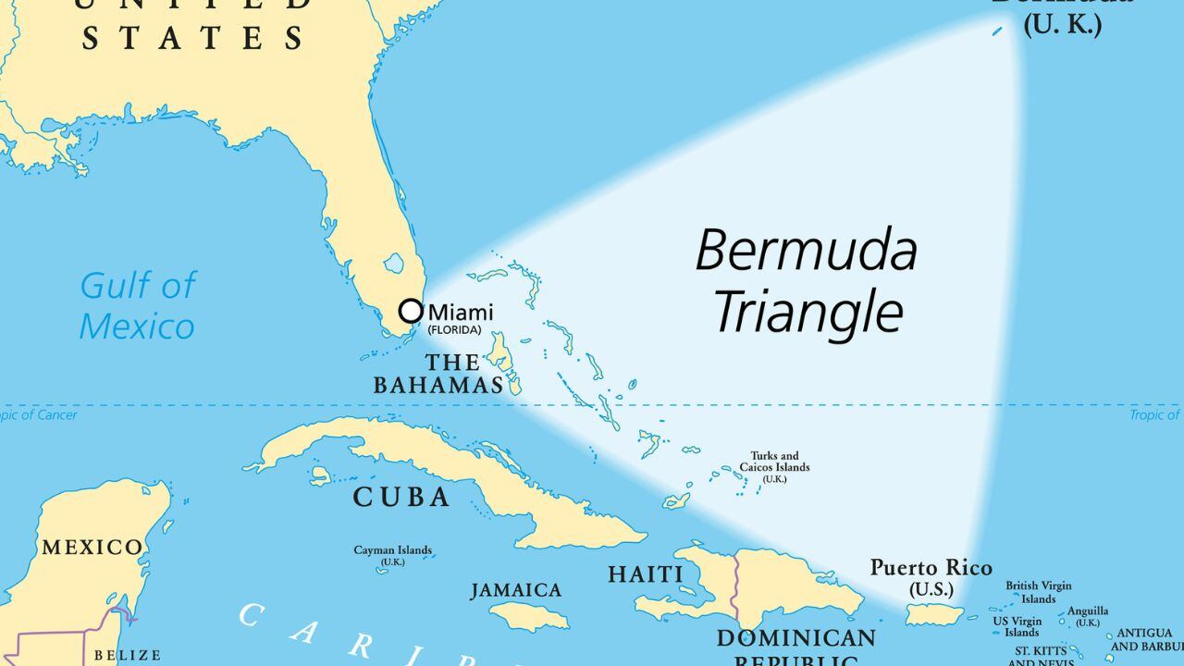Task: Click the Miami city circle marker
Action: point(411,312)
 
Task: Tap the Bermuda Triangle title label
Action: point(807,281)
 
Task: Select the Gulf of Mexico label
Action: point(137,306)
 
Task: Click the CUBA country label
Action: point(401,498)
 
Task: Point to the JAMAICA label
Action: point(516,590)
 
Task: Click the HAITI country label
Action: point(646,574)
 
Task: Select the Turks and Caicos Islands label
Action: point(774,467)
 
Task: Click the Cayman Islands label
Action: point(392,555)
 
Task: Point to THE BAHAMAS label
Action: point(438,374)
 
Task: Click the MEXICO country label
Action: point(92,547)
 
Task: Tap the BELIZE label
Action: point(128,655)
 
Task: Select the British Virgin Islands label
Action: point(1039,592)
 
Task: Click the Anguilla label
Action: point(1088,615)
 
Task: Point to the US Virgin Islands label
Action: point(1017,627)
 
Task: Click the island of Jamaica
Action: point(528,616)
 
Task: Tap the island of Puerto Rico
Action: point(934,614)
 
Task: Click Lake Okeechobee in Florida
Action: point(394,264)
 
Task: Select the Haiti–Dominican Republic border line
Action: point(735,592)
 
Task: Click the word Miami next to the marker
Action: point(461,313)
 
